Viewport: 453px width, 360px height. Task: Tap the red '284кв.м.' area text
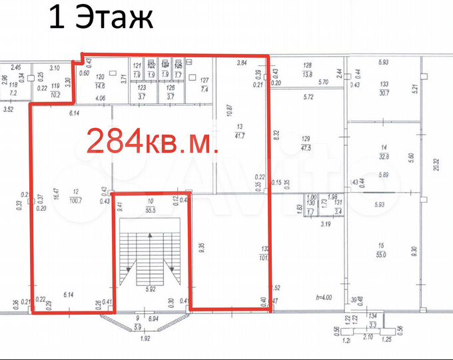(153, 141)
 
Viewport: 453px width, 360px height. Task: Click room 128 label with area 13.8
(307, 70)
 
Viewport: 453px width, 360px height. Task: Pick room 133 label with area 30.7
(384, 89)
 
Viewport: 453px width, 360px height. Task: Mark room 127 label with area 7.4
(204, 85)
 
